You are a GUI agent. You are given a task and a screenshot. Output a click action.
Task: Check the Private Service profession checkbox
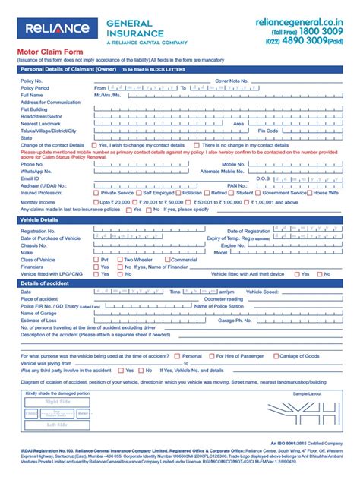click(x=96, y=193)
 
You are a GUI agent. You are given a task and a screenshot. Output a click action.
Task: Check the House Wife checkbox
click(x=308, y=193)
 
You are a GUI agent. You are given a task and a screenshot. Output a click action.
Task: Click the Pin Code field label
click(x=268, y=130)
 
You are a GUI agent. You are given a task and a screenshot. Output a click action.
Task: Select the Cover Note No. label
click(x=232, y=80)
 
